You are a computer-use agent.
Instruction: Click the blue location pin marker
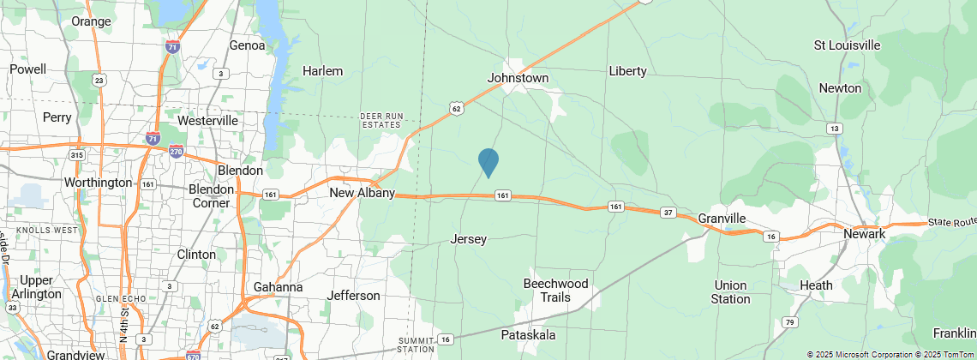(x=488, y=162)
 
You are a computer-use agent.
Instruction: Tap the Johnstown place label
(x=518, y=78)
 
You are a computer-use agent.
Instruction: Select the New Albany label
(x=362, y=193)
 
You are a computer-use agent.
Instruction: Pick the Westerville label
(x=207, y=121)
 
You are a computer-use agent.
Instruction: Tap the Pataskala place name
(x=529, y=333)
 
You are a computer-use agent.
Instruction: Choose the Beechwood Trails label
(x=556, y=291)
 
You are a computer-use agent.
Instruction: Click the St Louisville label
(x=847, y=45)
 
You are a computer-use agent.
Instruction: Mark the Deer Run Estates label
(x=381, y=120)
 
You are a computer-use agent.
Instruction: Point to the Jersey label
(x=468, y=239)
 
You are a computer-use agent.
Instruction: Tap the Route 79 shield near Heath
(x=788, y=322)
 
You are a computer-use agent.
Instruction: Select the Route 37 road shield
(x=668, y=213)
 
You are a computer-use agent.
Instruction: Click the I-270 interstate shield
(x=176, y=151)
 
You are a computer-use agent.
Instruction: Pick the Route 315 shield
(x=77, y=155)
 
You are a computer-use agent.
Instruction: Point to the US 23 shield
(x=100, y=81)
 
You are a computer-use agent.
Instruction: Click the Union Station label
(x=730, y=292)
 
